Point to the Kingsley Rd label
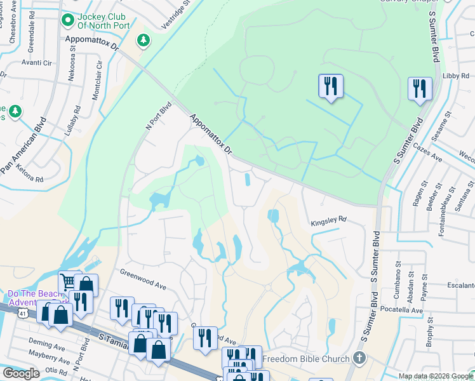coord(328,220)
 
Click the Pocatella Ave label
coord(398,311)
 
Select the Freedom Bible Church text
coord(305,359)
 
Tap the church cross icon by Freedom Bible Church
coord(359,358)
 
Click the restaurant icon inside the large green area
coord(330,86)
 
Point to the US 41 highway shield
coord(22,314)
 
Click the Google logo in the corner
coord(20,373)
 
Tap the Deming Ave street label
coord(47,347)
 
